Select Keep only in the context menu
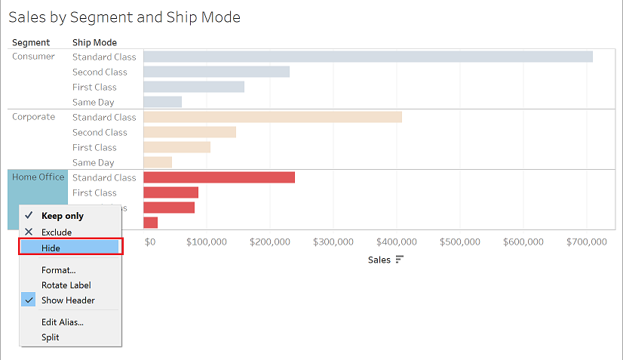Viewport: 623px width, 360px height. click(x=62, y=216)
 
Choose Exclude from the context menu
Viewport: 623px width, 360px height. click(x=56, y=232)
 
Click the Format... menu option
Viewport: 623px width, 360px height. click(x=58, y=270)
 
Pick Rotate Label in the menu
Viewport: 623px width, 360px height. click(x=66, y=285)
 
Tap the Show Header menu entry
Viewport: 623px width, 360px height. click(x=68, y=300)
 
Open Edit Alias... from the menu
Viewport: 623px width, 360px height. click(x=62, y=322)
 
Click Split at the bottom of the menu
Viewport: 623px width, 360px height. click(x=50, y=337)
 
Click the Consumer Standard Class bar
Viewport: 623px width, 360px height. click(x=367, y=57)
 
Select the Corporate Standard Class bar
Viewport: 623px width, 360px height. click(x=272, y=117)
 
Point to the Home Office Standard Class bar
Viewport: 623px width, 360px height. click(x=219, y=177)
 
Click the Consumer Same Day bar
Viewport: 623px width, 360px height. click(x=162, y=102)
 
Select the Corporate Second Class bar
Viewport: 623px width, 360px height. click(x=189, y=132)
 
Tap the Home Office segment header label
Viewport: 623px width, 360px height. click(x=38, y=177)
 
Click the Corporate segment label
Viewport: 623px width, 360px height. click(x=33, y=117)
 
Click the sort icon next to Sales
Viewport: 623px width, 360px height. click(x=400, y=260)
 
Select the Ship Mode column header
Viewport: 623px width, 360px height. click(x=94, y=42)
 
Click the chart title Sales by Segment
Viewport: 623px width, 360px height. click(x=124, y=17)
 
